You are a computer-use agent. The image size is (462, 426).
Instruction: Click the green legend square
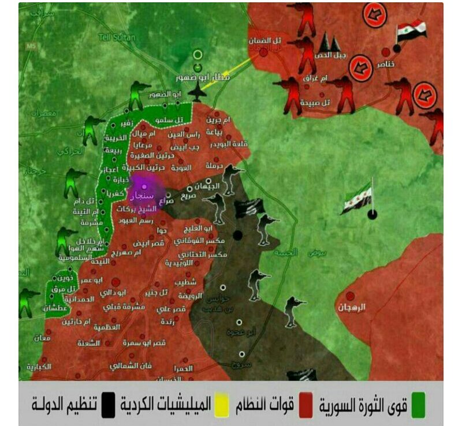click(x=418, y=405)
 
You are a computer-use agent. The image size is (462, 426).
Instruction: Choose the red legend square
click(x=307, y=405)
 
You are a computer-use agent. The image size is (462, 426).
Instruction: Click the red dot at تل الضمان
click(x=264, y=53)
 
